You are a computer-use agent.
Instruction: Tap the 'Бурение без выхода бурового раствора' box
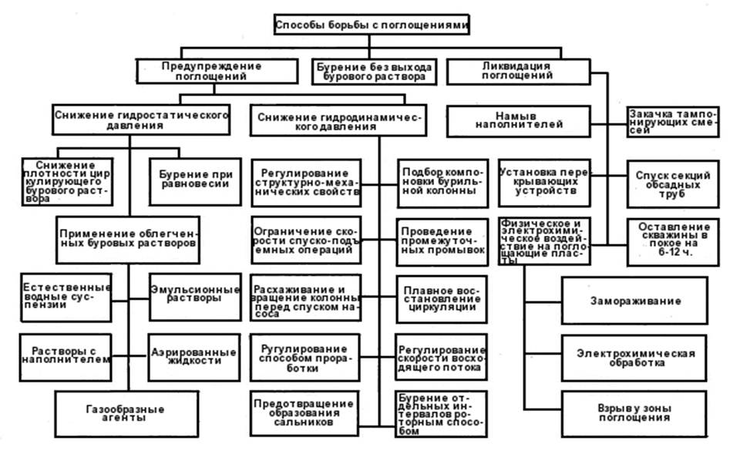(373, 72)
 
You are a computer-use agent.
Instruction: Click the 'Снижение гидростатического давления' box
(142, 119)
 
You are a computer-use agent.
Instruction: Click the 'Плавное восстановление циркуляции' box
(442, 298)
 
